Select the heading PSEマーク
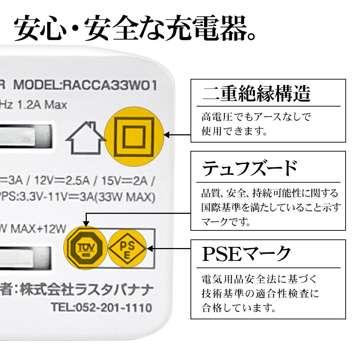[246, 254]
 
